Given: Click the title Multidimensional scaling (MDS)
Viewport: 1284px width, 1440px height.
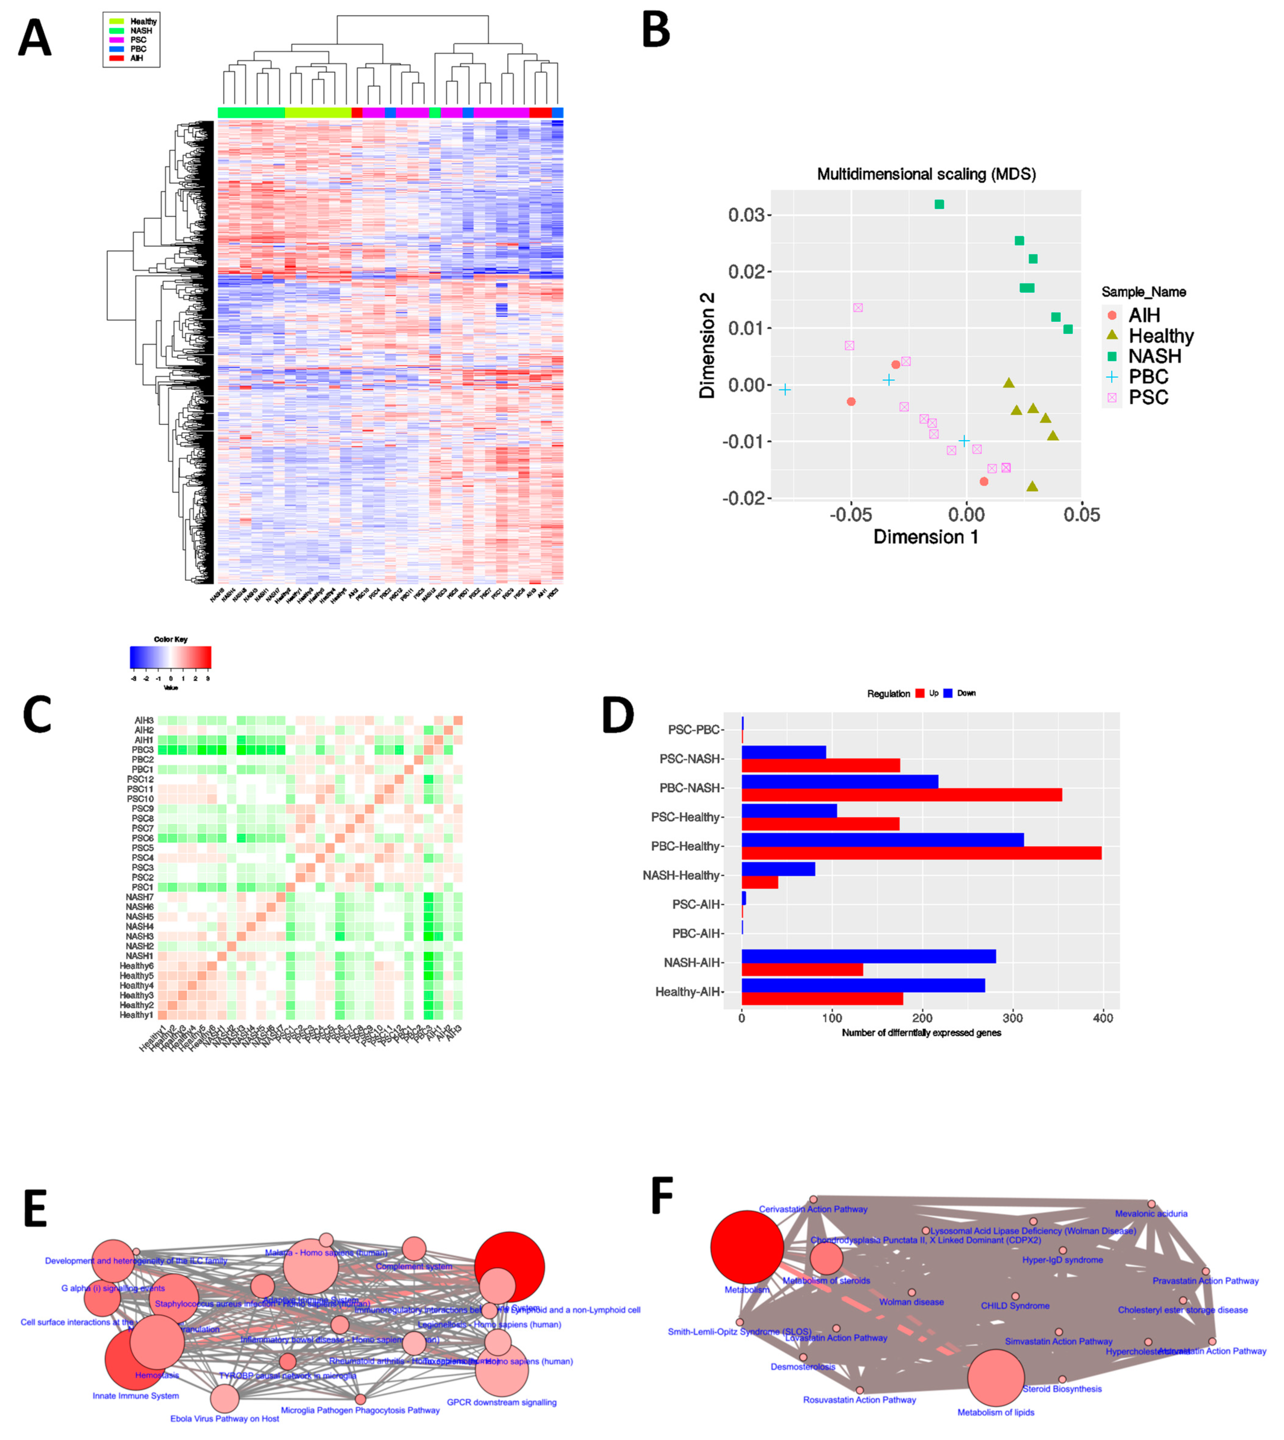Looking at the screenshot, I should point(926,174).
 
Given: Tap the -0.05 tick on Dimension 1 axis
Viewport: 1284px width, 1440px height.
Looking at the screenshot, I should point(850,515).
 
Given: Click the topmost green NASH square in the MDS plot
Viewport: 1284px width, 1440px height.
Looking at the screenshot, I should point(939,205).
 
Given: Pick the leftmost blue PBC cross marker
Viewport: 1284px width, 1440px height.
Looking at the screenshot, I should point(784,389).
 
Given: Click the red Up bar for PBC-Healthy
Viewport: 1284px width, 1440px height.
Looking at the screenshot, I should point(921,853).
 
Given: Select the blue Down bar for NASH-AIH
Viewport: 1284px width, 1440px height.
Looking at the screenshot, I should point(868,956).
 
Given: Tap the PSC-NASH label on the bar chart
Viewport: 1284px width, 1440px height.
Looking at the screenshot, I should point(690,759).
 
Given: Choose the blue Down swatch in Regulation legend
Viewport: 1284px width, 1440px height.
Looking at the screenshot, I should point(948,694).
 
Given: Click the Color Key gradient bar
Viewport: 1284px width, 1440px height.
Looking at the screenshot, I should point(170,658).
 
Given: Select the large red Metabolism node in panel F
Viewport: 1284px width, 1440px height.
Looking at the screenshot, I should point(747,1247).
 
